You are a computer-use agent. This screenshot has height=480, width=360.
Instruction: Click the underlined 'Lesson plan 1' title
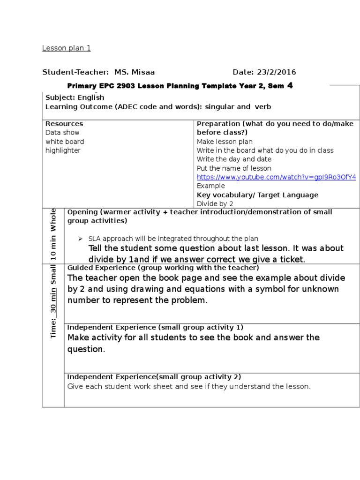point(66,48)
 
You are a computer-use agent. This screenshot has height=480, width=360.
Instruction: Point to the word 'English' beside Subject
point(91,97)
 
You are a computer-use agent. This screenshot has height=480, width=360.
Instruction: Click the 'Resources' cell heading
point(64,124)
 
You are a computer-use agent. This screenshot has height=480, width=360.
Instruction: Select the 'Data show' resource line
point(62,133)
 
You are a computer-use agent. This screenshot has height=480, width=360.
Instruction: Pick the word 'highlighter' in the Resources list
point(63,150)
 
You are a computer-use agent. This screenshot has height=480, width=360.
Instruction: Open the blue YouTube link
point(276,177)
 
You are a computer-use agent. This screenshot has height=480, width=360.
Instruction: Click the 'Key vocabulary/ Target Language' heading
point(257,195)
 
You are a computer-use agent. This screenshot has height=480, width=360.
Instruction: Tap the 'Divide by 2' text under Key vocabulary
point(215,203)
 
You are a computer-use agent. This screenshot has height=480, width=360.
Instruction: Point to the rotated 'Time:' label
point(53,328)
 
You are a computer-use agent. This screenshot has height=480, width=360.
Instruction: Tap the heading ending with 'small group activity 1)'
point(155,327)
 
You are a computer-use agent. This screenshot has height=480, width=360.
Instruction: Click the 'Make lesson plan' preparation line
point(225,142)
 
